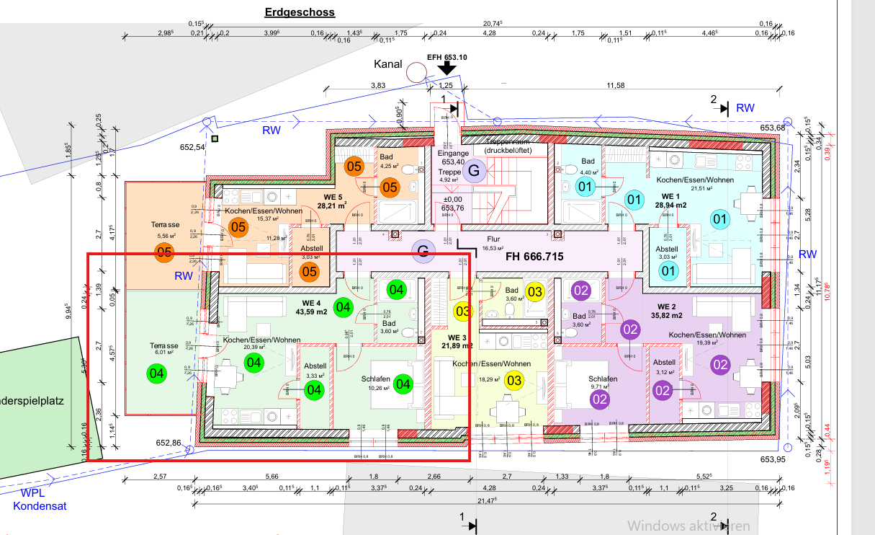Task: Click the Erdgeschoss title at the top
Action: [300, 12]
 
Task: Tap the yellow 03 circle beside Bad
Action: [534, 292]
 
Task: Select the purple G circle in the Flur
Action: [423, 250]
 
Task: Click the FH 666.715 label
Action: [534, 257]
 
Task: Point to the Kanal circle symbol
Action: [416, 72]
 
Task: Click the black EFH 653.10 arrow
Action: [447, 68]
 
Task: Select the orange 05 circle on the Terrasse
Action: [164, 253]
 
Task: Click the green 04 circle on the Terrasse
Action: [156, 374]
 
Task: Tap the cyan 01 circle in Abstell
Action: [669, 271]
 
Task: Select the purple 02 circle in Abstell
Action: [663, 390]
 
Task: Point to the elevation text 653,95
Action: [771, 459]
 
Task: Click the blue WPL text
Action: [33, 494]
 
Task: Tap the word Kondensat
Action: [40, 506]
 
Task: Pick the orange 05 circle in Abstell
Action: [309, 272]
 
